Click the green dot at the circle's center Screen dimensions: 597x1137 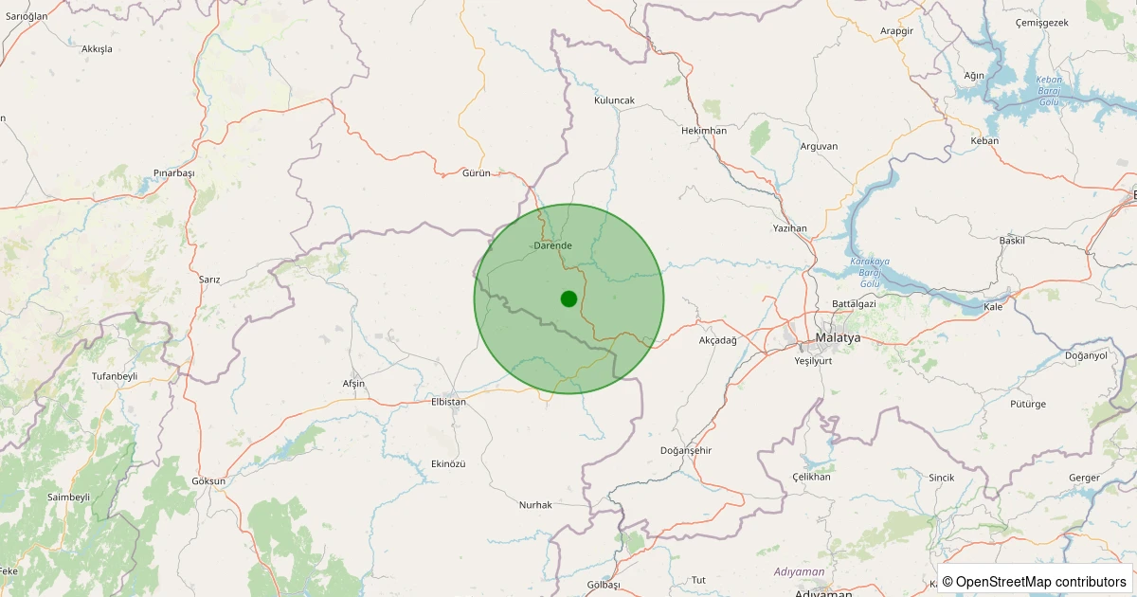(x=568, y=298)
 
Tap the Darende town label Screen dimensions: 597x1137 (x=553, y=245)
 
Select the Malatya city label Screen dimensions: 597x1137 (x=838, y=337)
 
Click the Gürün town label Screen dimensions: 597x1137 (x=476, y=173)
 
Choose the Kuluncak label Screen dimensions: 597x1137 (x=614, y=99)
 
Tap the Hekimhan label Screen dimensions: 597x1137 (x=704, y=131)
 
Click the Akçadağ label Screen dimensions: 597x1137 (x=717, y=340)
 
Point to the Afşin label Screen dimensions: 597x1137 (x=353, y=384)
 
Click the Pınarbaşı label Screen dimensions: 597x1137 (x=173, y=173)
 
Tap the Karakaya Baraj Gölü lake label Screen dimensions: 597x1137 (x=870, y=272)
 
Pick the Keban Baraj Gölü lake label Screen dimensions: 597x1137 (x=1049, y=90)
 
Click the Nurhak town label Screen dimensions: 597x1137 (x=535, y=505)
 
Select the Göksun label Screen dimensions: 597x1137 (x=208, y=481)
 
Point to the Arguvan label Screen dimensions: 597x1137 (x=819, y=146)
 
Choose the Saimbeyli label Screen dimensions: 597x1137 (x=68, y=497)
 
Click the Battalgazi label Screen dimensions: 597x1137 (x=854, y=303)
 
